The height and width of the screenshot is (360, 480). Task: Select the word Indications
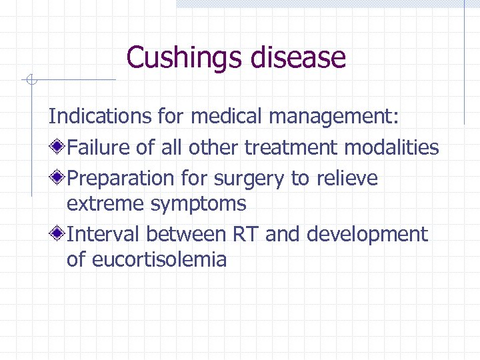point(90,116)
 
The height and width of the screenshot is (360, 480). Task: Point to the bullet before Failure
point(59,147)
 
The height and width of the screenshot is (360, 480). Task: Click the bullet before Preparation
point(59,178)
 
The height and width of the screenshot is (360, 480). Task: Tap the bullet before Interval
point(59,234)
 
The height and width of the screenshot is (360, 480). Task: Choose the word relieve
point(347,178)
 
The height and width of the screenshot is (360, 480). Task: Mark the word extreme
point(106,203)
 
